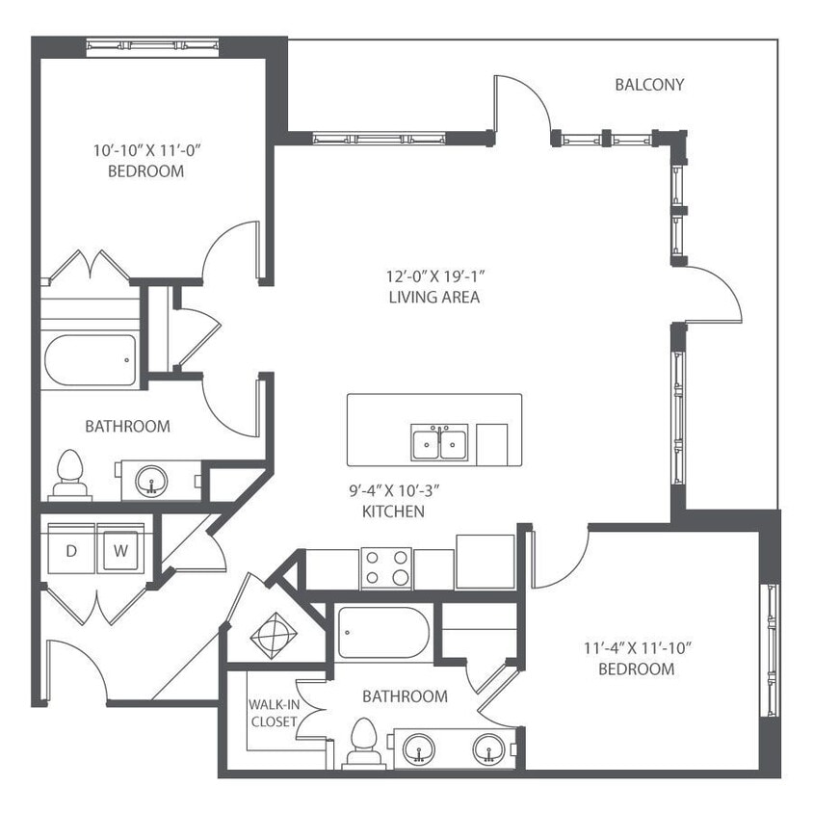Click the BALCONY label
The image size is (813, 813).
(x=649, y=85)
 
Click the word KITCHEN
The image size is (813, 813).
(x=393, y=511)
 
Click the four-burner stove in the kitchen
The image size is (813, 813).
(x=385, y=567)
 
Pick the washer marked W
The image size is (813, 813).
(x=121, y=552)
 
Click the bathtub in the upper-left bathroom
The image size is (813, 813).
(x=90, y=359)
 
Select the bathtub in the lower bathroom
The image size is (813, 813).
(x=382, y=632)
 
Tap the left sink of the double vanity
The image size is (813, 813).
(x=419, y=747)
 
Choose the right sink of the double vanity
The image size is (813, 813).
(x=486, y=747)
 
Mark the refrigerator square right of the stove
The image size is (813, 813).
(x=485, y=562)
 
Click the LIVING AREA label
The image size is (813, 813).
(x=428, y=298)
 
